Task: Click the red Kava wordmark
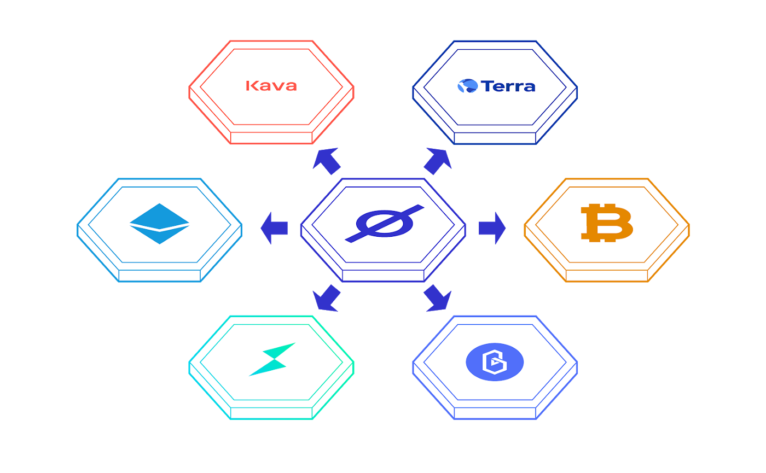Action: tap(271, 86)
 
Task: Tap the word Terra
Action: tap(508, 86)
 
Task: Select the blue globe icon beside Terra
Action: tap(467, 86)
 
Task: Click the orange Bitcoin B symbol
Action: tap(607, 223)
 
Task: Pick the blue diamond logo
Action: tap(159, 224)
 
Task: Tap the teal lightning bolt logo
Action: tap(272, 359)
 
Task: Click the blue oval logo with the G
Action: tap(495, 362)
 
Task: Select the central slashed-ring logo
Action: tap(384, 224)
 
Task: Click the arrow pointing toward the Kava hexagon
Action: tap(326, 161)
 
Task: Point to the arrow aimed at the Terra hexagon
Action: tap(438, 161)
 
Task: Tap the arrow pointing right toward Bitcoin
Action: tap(492, 228)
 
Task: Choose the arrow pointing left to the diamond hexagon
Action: tap(274, 228)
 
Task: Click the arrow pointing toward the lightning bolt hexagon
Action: tap(326, 298)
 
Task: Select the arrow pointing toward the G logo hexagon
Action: tap(438, 298)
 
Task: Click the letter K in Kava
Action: tap(251, 86)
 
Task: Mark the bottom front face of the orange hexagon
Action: tap(607, 276)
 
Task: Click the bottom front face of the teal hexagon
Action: tap(271, 413)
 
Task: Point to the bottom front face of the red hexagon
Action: tap(271, 138)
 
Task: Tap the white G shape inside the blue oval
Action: tap(495, 362)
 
